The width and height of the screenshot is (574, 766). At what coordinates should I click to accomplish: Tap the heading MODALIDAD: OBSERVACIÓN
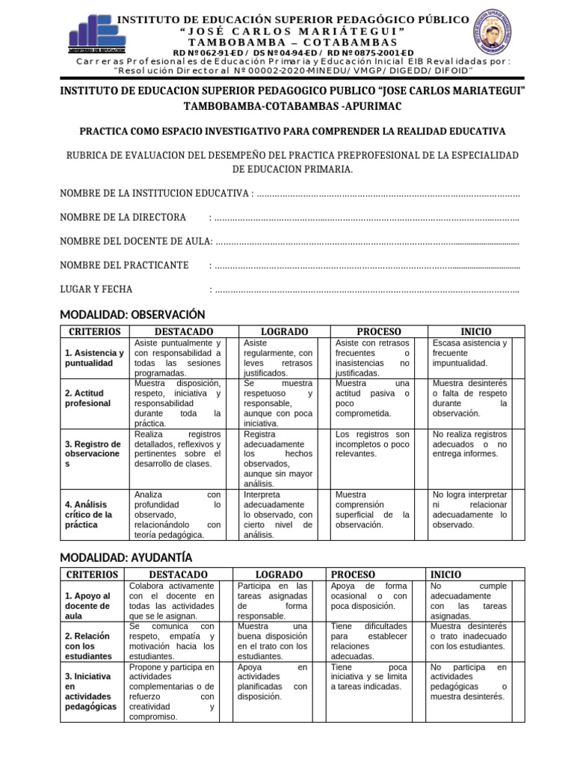click(132, 314)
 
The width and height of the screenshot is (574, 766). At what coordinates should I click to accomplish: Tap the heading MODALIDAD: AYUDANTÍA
click(126, 557)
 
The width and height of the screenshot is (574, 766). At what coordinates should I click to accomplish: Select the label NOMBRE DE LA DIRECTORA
click(123, 217)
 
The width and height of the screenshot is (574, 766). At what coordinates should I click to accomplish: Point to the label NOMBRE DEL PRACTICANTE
click(124, 265)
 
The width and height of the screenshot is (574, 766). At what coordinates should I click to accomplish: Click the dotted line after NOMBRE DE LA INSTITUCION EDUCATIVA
click(387, 194)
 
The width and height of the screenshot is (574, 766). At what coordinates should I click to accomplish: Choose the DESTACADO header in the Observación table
click(183, 331)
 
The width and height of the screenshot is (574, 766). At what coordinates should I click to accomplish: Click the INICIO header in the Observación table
click(475, 331)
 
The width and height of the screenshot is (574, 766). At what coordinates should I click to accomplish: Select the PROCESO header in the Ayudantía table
click(355, 574)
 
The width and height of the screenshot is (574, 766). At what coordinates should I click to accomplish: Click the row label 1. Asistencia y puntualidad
click(93, 358)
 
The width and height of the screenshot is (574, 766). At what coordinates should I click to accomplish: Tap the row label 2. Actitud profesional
click(87, 398)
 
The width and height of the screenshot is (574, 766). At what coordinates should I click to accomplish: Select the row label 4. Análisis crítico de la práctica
click(90, 515)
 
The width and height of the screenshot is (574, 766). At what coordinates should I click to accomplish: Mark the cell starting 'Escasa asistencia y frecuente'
click(470, 353)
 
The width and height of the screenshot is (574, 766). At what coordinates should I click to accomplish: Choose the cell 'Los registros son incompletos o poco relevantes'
click(372, 444)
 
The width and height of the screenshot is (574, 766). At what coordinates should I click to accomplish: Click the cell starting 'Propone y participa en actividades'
click(172, 691)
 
